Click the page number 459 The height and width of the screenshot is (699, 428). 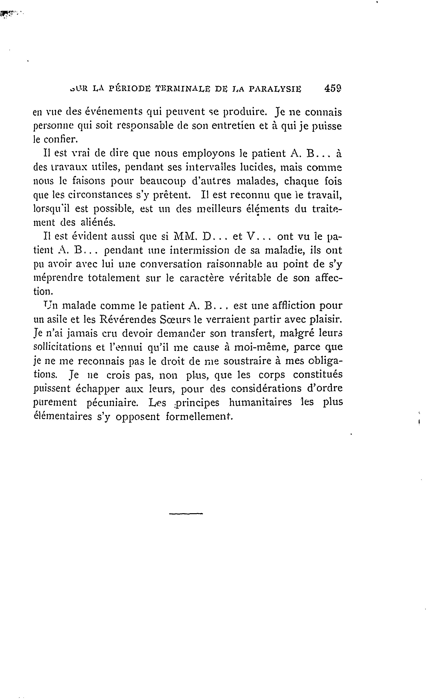(333, 89)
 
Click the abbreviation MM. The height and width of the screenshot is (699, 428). (185, 236)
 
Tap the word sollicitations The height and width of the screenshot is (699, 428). (63, 348)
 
